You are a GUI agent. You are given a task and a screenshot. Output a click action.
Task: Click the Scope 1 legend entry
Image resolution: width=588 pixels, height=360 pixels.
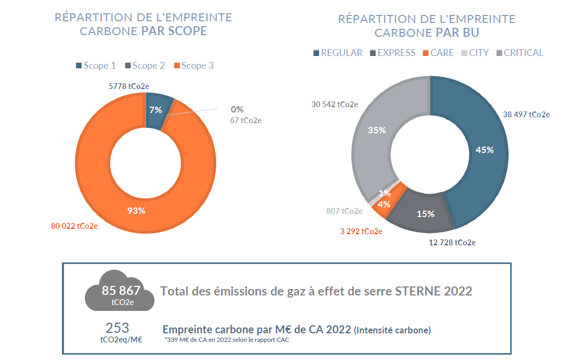coord(96,66)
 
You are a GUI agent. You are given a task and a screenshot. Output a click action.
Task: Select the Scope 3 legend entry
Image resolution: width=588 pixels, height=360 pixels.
coord(193,66)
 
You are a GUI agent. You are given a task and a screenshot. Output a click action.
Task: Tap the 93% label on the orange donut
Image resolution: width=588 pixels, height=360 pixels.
coord(136,210)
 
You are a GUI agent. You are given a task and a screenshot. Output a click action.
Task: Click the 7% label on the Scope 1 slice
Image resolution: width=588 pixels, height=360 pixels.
coord(155,110)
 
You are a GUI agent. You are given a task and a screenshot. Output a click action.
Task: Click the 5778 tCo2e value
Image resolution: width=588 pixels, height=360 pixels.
coord(129,85)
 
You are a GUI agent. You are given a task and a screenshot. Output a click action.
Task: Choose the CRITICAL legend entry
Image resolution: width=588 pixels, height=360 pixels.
coord(520,53)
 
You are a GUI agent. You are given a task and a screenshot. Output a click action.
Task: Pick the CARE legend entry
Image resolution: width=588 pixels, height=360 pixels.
coord(438,53)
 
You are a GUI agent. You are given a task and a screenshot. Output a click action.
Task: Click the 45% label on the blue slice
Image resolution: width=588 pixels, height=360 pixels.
coord(484,150)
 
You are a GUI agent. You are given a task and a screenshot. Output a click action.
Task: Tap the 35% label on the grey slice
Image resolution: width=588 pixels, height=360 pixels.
coord(377,130)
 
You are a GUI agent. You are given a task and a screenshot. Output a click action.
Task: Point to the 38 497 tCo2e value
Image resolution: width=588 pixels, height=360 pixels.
coord(527,114)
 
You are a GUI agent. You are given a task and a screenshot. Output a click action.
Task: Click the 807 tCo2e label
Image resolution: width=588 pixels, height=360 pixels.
coord(344,211)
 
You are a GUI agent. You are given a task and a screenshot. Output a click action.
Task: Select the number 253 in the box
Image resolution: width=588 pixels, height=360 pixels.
coord(117,328)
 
